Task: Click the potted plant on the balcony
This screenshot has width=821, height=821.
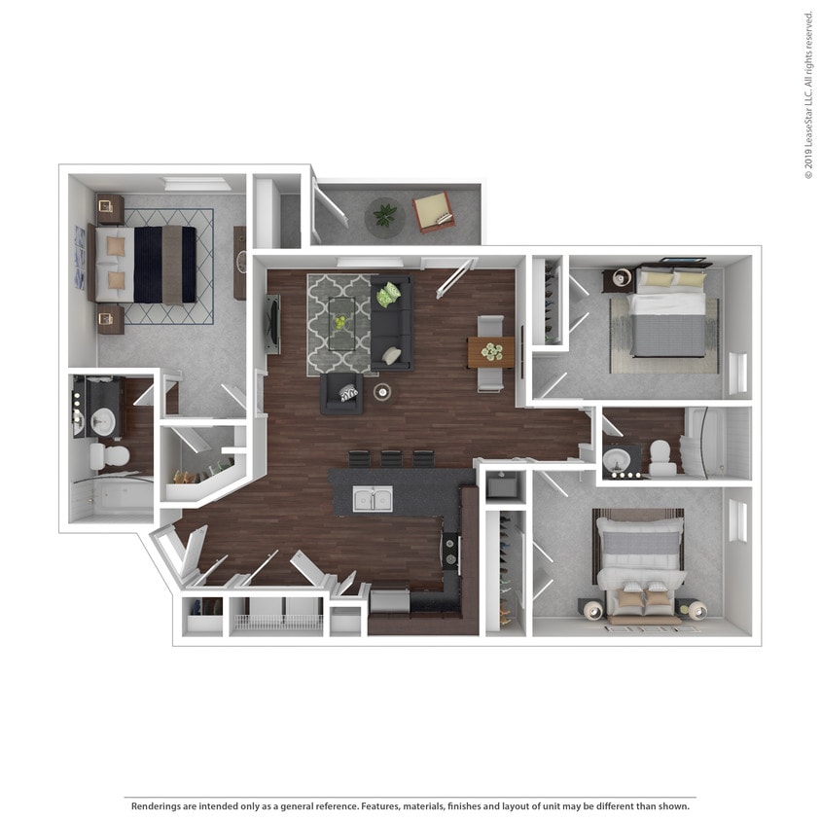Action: (385, 215)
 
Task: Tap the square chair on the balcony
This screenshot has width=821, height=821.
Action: (433, 211)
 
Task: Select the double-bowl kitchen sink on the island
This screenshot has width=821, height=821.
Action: (372, 499)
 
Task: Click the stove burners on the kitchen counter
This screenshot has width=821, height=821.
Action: (450, 551)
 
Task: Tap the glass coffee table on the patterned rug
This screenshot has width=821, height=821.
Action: (341, 323)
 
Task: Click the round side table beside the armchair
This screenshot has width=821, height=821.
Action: (381, 392)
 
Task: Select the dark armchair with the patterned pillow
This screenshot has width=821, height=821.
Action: (342, 392)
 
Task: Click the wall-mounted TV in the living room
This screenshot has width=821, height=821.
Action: (271, 323)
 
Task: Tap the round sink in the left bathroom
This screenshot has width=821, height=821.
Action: (103, 421)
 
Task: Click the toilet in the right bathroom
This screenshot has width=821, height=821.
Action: (662, 457)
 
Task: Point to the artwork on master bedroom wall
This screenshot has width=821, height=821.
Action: (79, 257)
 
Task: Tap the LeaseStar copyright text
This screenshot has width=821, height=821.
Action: (808, 95)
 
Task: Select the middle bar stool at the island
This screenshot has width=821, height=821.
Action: (391, 457)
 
